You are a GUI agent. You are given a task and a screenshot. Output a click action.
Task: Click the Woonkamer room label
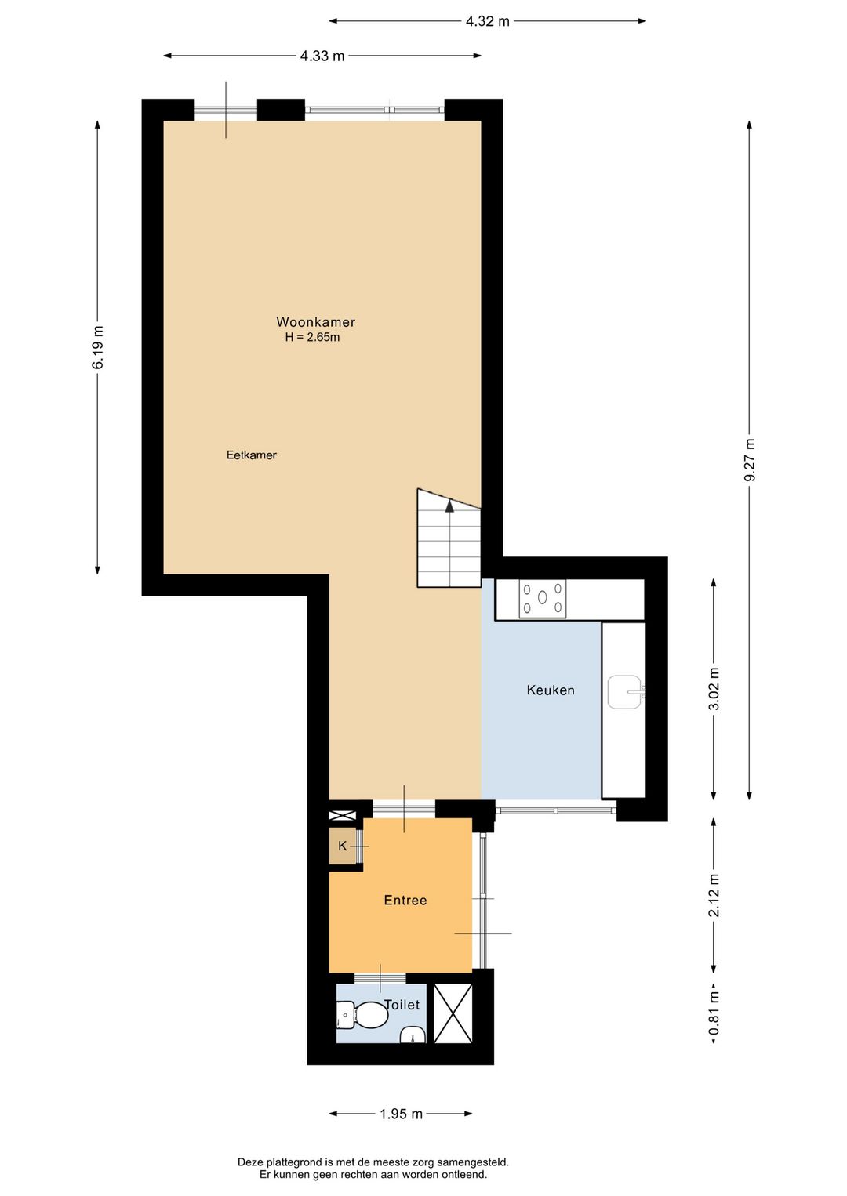coord(315,322)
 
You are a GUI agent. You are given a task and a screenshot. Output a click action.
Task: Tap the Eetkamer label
coord(251,455)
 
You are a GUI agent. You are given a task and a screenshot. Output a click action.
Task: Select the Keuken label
coord(551,690)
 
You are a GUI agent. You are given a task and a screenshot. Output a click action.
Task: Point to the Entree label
coord(405,901)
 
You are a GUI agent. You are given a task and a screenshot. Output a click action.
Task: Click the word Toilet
coord(402,1005)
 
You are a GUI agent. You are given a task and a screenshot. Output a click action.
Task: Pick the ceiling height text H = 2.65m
coord(313,338)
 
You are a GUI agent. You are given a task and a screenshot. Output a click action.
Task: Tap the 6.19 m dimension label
coord(98,347)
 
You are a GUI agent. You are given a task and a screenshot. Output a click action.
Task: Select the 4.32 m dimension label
coord(487,21)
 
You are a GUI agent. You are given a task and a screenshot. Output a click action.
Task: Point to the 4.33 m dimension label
coord(322,56)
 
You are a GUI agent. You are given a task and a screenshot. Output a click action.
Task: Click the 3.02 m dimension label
coord(714,689)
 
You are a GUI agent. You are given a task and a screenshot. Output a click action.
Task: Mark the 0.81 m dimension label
coord(714,1013)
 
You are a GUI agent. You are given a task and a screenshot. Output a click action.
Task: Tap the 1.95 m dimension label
coord(401,1114)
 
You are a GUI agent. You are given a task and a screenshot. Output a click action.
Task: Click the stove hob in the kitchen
coord(543,598)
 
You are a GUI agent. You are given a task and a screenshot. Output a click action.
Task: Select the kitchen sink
coord(625,692)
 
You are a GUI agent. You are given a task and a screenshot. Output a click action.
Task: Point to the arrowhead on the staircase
coord(449,505)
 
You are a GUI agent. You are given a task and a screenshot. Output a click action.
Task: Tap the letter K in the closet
coord(343,846)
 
